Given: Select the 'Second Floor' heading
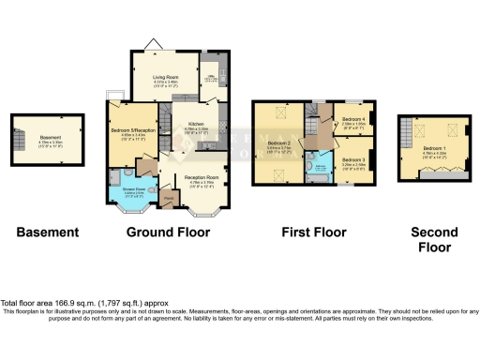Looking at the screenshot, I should [433, 238].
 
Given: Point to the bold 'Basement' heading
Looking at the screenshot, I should [46, 232].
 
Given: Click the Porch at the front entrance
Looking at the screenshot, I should [170, 200].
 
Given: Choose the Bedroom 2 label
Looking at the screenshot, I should [280, 145].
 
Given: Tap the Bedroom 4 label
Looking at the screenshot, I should [352, 120].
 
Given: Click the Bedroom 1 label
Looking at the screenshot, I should [433, 149].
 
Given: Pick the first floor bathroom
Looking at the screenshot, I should [321, 166].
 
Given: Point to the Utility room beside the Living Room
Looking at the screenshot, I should [212, 82].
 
